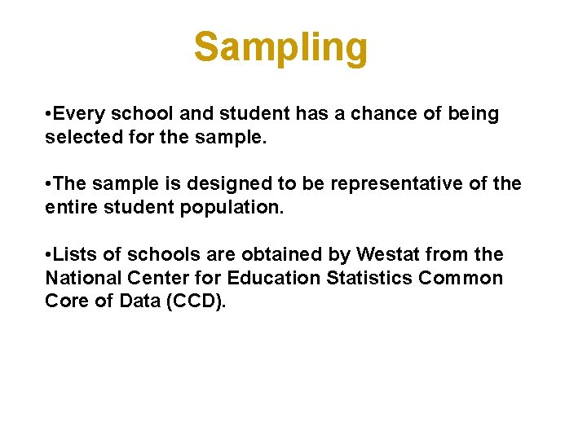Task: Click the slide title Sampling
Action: pyautogui.click(x=280, y=47)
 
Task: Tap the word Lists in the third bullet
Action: pyautogui.click(x=76, y=255)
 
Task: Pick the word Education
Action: pyautogui.click(x=274, y=278)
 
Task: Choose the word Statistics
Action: pyautogui.click(x=369, y=278)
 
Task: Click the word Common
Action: pyautogui.click(x=461, y=278)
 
